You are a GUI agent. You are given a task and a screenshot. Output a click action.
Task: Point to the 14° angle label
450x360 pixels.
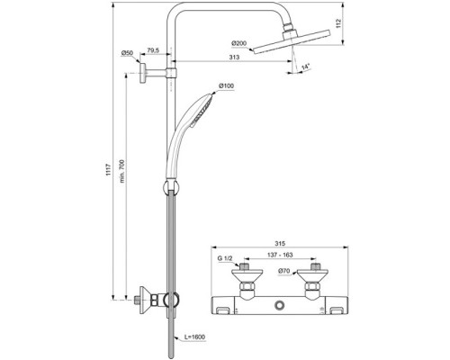[x=309, y=67]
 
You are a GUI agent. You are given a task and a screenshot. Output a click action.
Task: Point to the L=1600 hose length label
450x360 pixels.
[x=195, y=335]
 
